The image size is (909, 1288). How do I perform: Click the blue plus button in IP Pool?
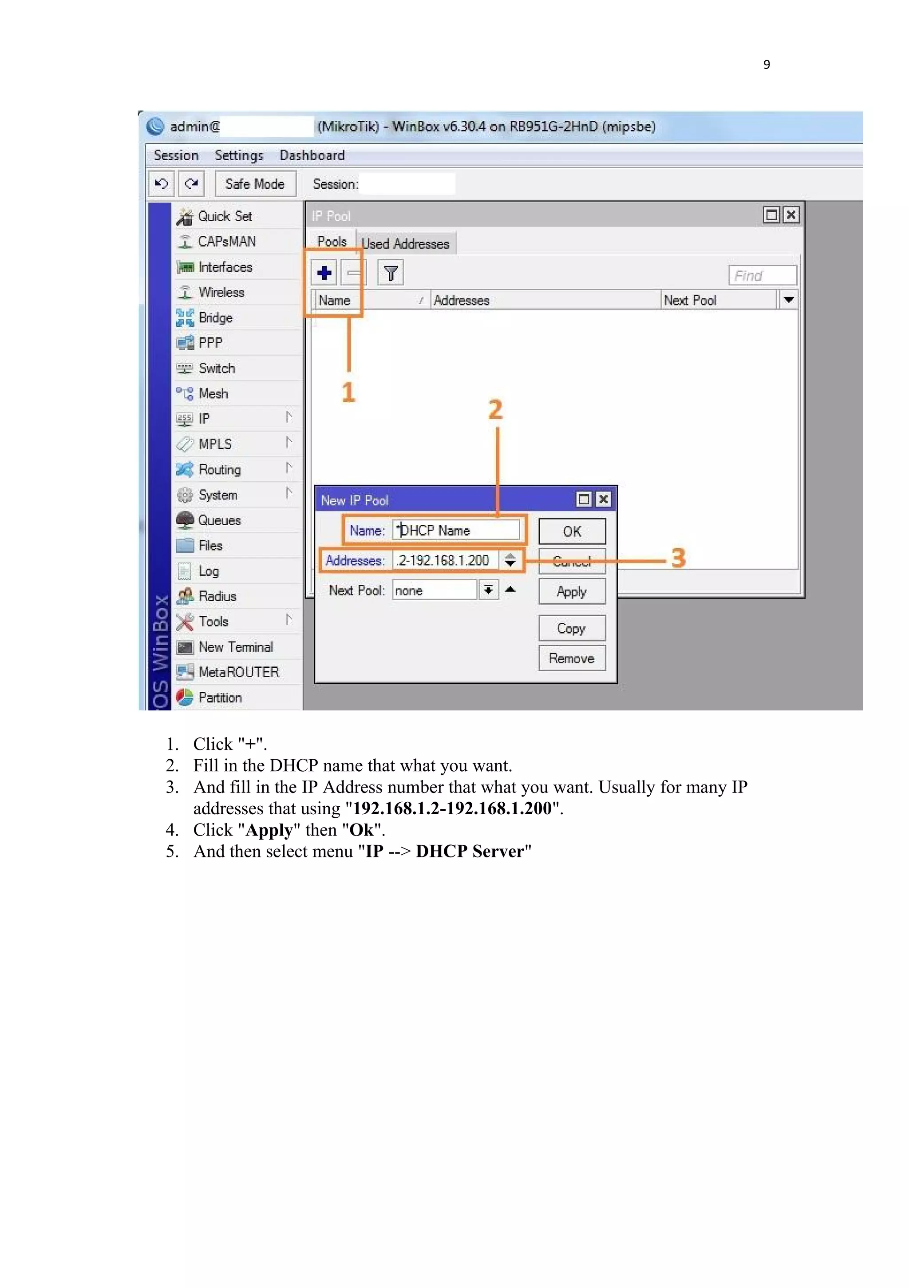pos(324,273)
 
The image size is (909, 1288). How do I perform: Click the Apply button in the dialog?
pos(571,591)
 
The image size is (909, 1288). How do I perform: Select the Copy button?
pos(571,628)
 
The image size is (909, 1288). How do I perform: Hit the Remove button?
pos(571,658)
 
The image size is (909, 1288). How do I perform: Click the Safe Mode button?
pos(255,184)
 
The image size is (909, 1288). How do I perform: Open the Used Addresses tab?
pos(405,243)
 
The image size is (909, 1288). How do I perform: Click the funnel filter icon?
pos(391,273)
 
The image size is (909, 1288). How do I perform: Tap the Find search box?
pos(762,275)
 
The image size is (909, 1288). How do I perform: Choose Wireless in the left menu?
pos(221,292)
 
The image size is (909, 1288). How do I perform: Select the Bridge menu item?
pos(215,317)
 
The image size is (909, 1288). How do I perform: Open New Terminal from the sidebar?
pos(236,647)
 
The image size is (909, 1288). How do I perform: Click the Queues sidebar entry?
pos(219,520)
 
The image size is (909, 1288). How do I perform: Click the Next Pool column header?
pos(690,300)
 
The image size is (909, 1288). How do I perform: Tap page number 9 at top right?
pos(766,64)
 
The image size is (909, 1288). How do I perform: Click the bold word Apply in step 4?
pos(269,830)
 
